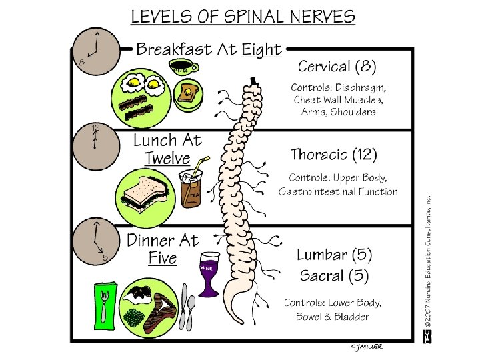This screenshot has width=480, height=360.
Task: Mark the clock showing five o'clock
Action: pos(95,241)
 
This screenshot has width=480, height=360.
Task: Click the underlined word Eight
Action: pos(261,49)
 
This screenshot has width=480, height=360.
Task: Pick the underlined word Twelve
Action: pos(167,159)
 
